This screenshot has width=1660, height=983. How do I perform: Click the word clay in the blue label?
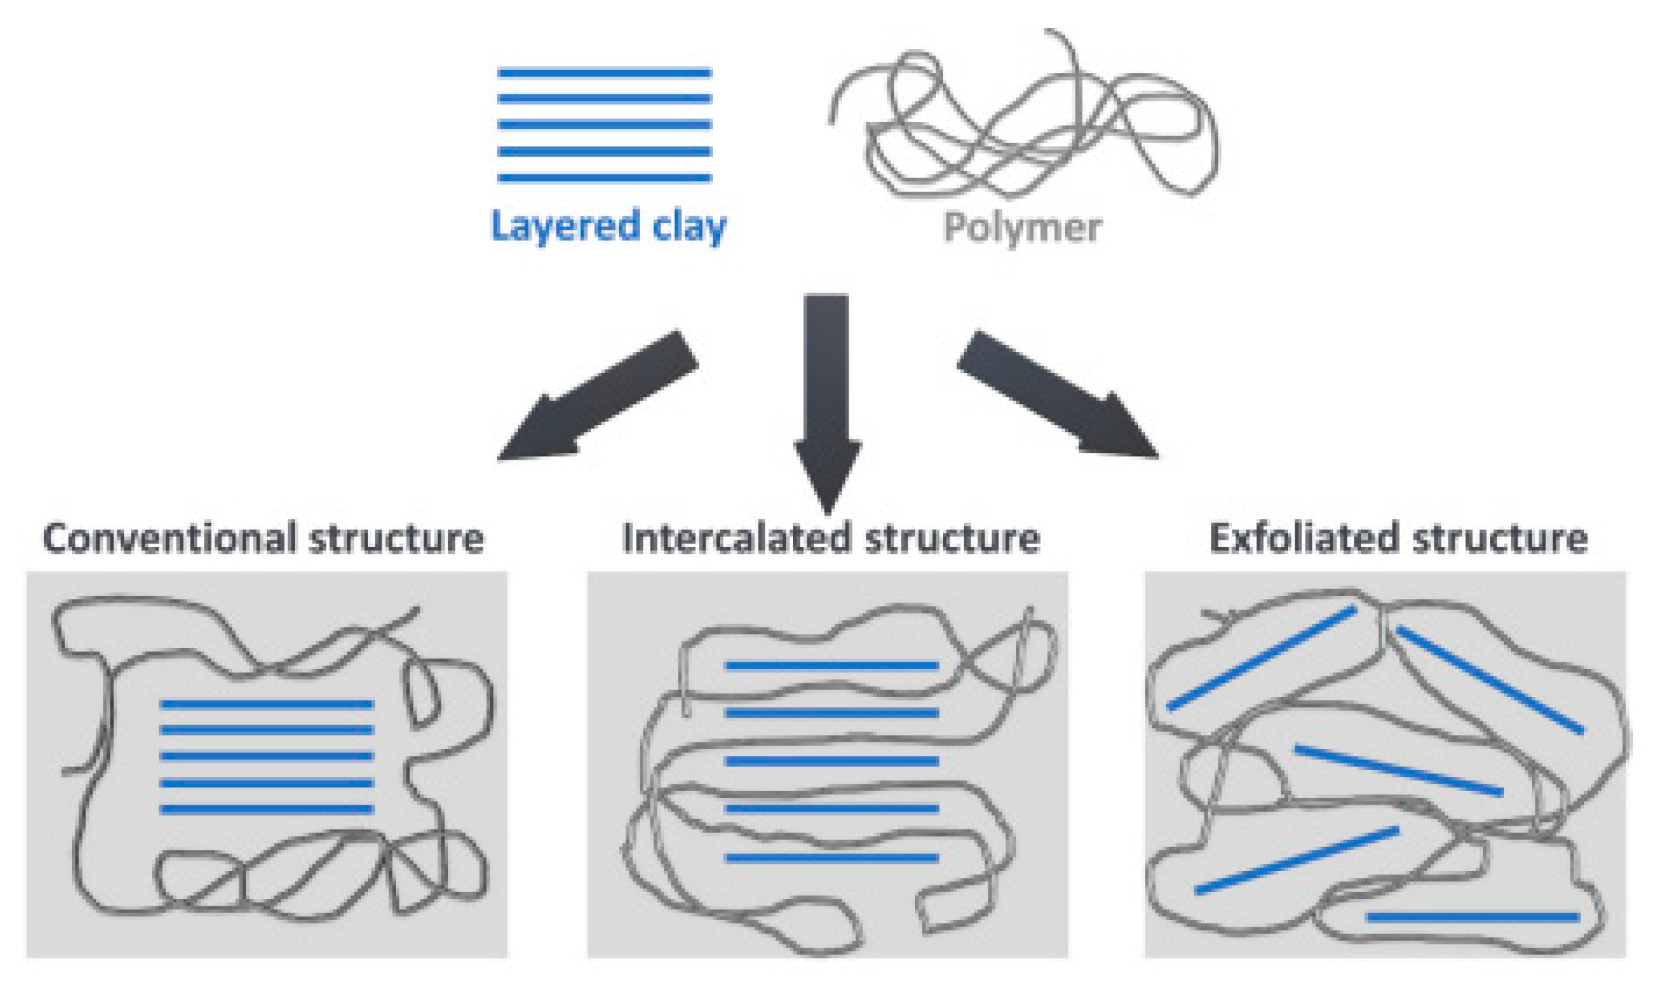(x=689, y=226)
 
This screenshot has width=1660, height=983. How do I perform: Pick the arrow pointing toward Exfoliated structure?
(x=1057, y=396)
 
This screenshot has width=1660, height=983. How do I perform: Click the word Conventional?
(x=170, y=538)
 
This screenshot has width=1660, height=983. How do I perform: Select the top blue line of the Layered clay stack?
(x=604, y=73)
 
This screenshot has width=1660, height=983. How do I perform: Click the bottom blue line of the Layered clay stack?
(x=604, y=178)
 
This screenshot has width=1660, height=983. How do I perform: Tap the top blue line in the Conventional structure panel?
(x=266, y=704)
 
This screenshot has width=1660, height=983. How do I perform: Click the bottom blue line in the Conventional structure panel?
(x=266, y=809)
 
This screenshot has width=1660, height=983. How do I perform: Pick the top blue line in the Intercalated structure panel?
(x=832, y=666)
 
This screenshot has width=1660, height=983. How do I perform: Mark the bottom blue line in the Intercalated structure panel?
(x=832, y=858)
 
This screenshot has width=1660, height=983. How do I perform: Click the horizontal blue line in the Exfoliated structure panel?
(x=1472, y=917)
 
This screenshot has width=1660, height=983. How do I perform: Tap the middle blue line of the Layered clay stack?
(x=604, y=125)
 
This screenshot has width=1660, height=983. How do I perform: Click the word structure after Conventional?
(x=397, y=538)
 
